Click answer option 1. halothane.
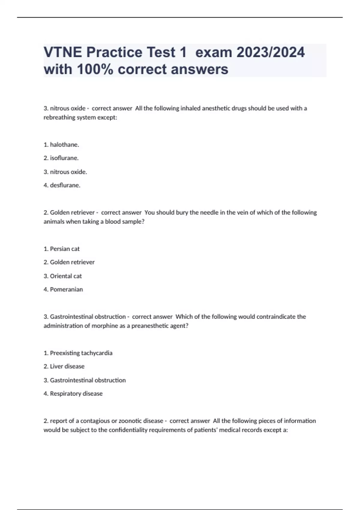[x=61, y=145]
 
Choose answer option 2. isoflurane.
[x=61, y=158]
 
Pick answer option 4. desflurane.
[x=62, y=185]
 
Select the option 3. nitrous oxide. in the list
[x=65, y=172]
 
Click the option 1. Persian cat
[x=61, y=249]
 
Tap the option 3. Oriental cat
[x=62, y=276]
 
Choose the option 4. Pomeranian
[x=63, y=289]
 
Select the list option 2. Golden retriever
[x=69, y=262]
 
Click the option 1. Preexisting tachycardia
[x=78, y=353]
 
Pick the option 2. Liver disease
[x=64, y=366]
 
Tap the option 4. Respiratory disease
[x=73, y=393]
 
